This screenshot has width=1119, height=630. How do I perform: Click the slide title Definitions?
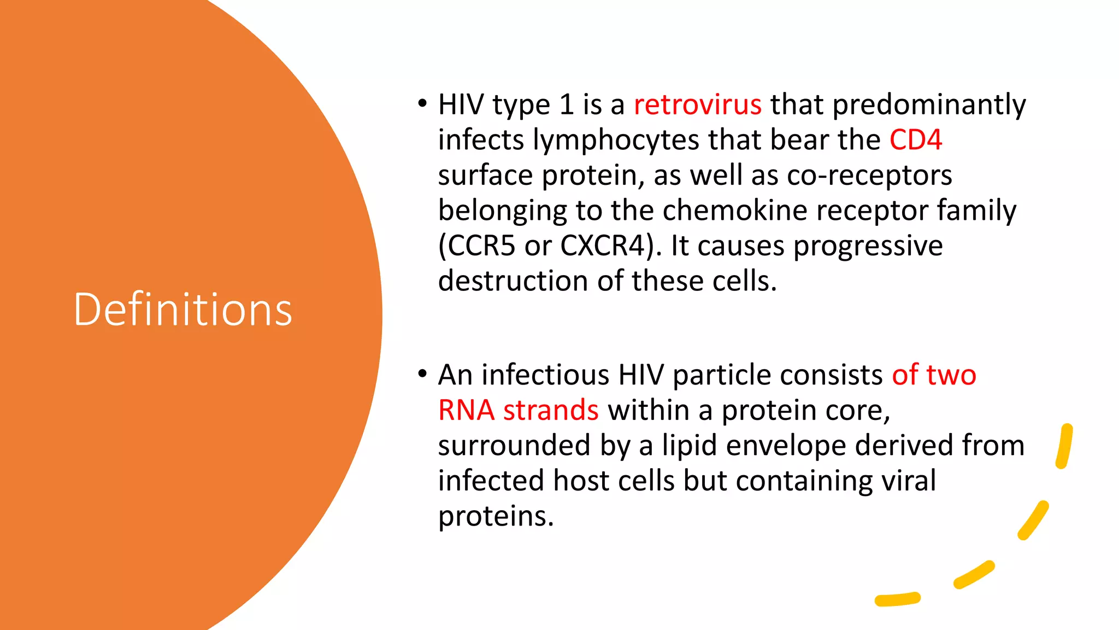(x=182, y=310)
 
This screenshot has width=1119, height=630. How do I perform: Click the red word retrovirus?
(x=697, y=104)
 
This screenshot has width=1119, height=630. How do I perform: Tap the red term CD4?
(x=915, y=140)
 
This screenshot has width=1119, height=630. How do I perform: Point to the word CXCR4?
(x=605, y=246)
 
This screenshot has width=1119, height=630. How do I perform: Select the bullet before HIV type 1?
(x=422, y=103)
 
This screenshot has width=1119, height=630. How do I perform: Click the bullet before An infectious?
(x=422, y=374)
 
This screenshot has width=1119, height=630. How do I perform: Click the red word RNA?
(x=466, y=410)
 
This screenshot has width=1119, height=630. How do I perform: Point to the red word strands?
(x=550, y=410)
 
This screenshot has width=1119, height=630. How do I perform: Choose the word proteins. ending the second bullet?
(x=496, y=516)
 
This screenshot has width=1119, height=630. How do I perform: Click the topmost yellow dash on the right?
(x=1064, y=446)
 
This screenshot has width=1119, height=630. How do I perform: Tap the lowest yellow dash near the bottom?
(x=897, y=599)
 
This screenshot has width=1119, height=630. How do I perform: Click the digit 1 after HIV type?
(x=566, y=104)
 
